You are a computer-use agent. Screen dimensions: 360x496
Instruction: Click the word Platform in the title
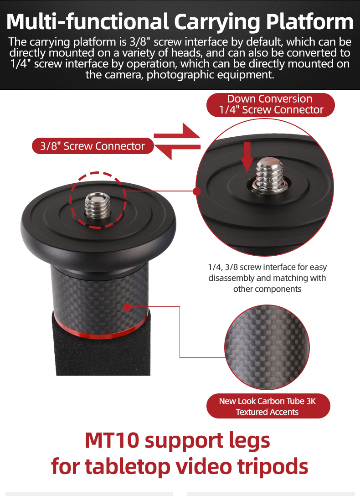309,22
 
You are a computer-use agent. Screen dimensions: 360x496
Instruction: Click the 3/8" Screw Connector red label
93,146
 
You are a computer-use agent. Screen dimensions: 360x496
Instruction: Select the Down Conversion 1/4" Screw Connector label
270,105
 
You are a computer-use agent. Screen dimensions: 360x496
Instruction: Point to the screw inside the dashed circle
98,206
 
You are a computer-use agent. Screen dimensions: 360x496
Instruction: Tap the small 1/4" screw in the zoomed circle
270,175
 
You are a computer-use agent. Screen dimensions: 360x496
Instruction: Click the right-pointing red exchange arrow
177,133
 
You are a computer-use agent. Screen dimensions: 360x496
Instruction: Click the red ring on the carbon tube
101,329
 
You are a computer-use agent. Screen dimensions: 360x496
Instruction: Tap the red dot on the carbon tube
127,307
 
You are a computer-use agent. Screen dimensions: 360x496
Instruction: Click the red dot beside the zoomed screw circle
197,191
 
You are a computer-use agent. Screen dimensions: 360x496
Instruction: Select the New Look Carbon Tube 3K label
268,406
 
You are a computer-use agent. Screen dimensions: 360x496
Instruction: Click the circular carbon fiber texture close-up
267,347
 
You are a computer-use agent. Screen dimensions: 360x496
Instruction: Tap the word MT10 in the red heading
112,440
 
